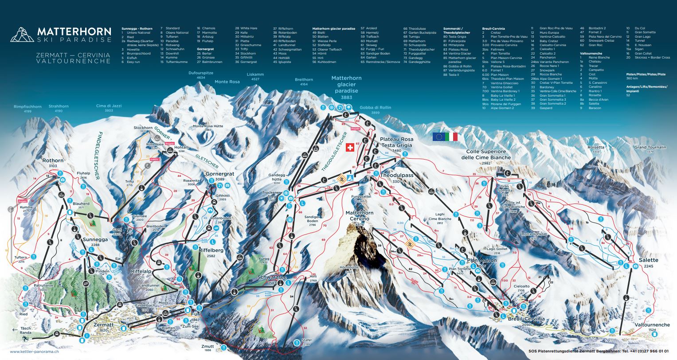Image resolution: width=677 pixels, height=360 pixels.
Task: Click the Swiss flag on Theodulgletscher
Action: click(x=350, y=147)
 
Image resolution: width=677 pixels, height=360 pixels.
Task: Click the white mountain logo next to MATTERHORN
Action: click(x=22, y=34)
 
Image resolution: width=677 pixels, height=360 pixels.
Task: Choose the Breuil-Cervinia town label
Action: click(x=526, y=319)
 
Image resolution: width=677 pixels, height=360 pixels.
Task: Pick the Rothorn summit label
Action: click(x=53, y=160)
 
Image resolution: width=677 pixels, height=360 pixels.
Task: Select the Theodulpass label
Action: click(x=396, y=176)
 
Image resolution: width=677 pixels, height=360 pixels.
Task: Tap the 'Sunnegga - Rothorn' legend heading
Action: click(x=137, y=28)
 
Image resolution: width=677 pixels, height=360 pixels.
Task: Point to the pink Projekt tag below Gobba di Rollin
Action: click(x=355, y=129)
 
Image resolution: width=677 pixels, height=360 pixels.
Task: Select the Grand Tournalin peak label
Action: click(x=650, y=147)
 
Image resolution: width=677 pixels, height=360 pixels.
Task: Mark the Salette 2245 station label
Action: click(x=649, y=260)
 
